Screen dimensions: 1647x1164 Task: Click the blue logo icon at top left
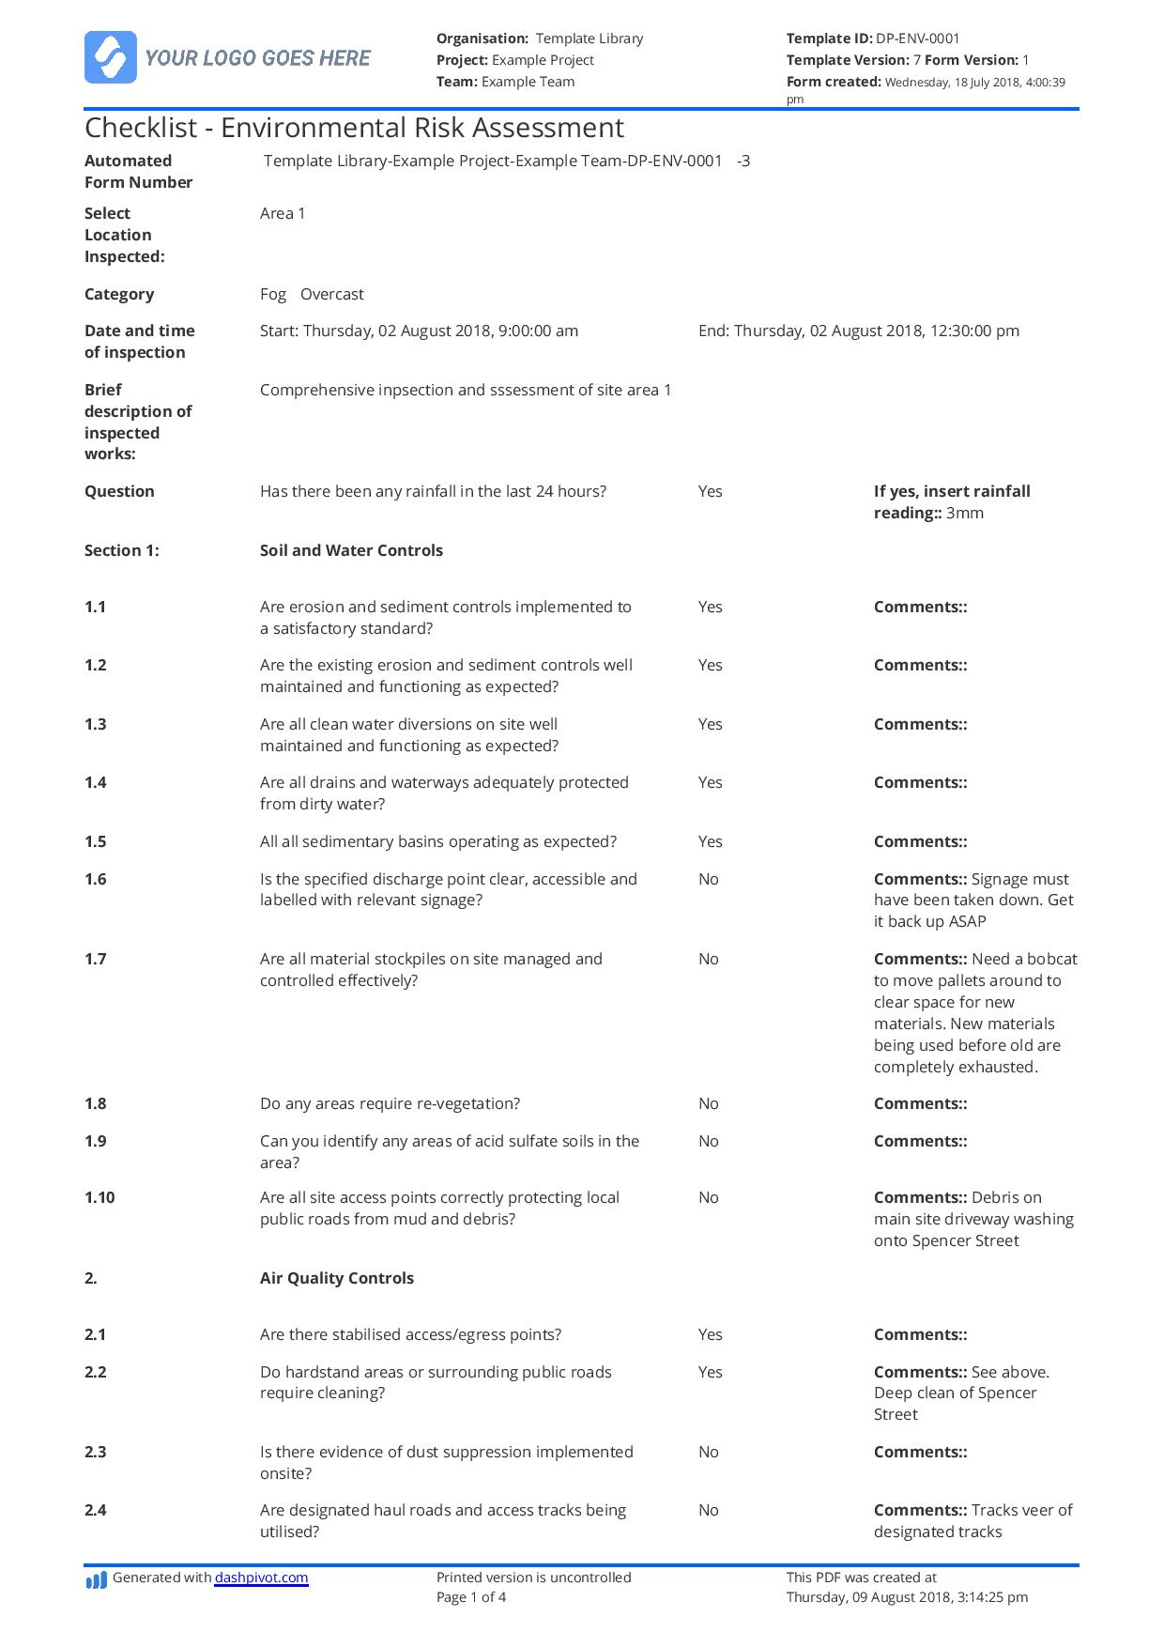(x=111, y=57)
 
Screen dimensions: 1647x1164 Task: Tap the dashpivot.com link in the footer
(x=261, y=1578)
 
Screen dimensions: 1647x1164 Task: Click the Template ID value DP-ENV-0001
(x=917, y=38)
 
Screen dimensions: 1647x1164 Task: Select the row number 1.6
(x=96, y=879)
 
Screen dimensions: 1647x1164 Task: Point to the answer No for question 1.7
(x=709, y=959)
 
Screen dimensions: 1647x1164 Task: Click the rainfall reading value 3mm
(x=965, y=513)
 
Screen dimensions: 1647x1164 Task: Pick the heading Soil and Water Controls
(x=351, y=550)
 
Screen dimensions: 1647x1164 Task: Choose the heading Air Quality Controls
(x=336, y=1278)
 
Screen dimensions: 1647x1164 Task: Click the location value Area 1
(x=283, y=213)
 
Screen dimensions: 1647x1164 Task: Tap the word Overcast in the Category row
(x=332, y=294)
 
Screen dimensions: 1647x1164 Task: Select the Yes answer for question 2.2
(x=711, y=1372)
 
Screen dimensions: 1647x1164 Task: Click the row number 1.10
(x=100, y=1197)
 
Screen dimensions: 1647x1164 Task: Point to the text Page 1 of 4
(x=471, y=1596)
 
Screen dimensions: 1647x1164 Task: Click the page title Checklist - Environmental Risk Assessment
(x=354, y=128)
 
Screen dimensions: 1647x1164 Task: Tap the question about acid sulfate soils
(x=449, y=1151)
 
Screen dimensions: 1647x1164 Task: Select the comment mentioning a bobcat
(x=974, y=1012)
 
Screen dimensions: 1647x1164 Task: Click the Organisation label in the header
(x=482, y=38)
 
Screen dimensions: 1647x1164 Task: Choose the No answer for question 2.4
(x=709, y=1510)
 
